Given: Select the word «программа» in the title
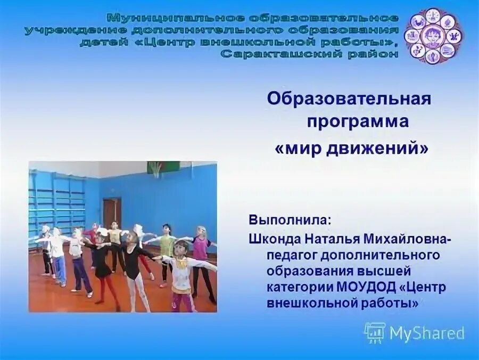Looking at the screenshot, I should [357, 121].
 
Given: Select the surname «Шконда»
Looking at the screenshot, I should [271, 240].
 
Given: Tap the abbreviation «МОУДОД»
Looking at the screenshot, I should [366, 287].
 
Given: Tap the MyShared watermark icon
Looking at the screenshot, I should [375, 332].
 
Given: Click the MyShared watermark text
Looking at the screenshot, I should [427, 333].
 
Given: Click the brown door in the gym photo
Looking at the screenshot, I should [112, 213].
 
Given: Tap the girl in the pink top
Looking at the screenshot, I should [201, 249].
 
